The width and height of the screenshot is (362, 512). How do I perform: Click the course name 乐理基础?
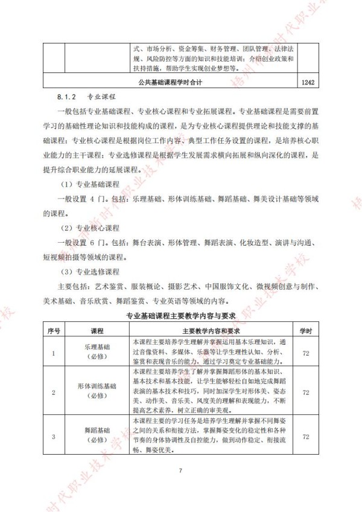tap(97, 348)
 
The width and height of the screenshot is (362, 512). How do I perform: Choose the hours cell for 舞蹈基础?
tap(306, 437)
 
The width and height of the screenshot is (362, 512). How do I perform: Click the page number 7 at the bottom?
tap(180, 470)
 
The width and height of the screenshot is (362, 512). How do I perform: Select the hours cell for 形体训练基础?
tap(306, 392)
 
